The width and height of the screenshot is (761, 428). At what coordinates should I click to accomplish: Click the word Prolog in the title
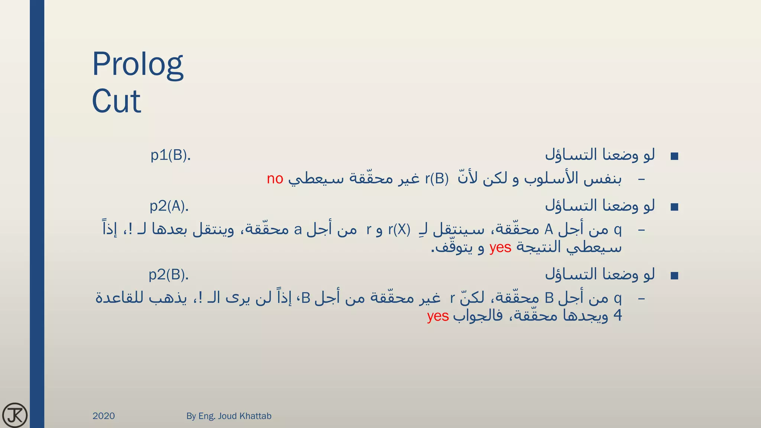[x=137, y=64]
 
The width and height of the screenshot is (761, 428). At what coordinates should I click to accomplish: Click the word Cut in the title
[x=116, y=101]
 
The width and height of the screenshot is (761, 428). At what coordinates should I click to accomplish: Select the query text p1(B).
[x=171, y=155]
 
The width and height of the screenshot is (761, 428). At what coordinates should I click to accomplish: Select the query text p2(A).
[x=169, y=206]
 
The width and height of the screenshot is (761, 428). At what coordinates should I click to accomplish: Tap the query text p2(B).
[x=169, y=275]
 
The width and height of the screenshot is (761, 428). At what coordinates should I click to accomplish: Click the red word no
[x=275, y=179]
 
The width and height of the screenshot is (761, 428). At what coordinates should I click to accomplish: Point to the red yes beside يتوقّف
[x=500, y=247]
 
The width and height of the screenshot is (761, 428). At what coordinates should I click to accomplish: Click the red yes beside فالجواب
[x=438, y=316]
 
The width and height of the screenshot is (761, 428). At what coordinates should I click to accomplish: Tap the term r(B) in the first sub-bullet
[x=437, y=179]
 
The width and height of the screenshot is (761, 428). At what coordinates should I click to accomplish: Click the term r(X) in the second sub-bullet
[x=399, y=230]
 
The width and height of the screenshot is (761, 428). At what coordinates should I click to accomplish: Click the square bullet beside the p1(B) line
[x=674, y=156]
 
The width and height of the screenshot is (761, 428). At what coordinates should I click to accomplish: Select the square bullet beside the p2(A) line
[x=674, y=207]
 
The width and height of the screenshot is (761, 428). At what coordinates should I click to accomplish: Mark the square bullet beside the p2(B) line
[x=674, y=276]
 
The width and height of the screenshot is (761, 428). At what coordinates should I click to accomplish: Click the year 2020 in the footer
[x=104, y=416]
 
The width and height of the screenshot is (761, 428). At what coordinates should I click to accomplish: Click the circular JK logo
[x=15, y=415]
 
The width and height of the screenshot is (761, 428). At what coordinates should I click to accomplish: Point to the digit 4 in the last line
[x=617, y=316]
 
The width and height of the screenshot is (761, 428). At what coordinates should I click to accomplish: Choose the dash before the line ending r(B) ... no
[x=641, y=179]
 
